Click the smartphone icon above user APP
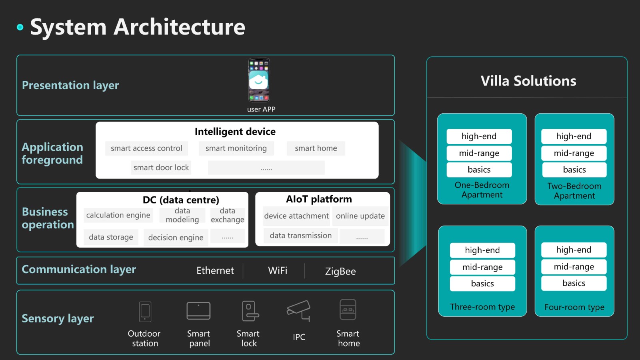(259, 80)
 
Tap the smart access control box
(146, 148)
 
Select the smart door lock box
(161, 168)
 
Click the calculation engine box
(118, 215)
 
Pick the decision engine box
(176, 238)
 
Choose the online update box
(360, 216)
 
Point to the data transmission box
(300, 236)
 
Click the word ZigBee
(340, 271)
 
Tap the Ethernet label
(215, 270)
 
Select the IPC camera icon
(298, 310)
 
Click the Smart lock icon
(250, 312)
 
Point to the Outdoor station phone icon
(145, 312)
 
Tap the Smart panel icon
(198, 311)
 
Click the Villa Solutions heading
(528, 81)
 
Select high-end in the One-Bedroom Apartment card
(479, 136)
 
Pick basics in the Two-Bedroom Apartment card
(574, 170)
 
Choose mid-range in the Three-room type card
(482, 267)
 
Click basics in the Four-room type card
(574, 283)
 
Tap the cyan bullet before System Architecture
(20, 27)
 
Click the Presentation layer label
(70, 86)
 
